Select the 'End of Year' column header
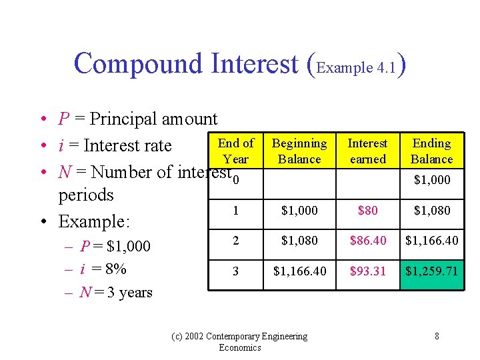tap(236, 151)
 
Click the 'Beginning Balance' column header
tap(299, 151)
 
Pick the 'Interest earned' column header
tap(367, 151)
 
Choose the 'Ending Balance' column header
tap(431, 151)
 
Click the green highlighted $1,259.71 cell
tap(431, 271)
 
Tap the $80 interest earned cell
tap(367, 211)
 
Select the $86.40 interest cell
tap(367, 240)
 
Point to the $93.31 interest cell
tap(367, 271)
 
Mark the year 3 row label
tap(236, 271)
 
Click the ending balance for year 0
tap(431, 180)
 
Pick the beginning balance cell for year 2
tap(299, 240)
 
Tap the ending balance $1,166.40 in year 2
tap(431, 240)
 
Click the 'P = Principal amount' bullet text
tap(137, 119)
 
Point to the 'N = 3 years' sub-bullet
tap(116, 293)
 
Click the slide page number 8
tap(437, 336)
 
